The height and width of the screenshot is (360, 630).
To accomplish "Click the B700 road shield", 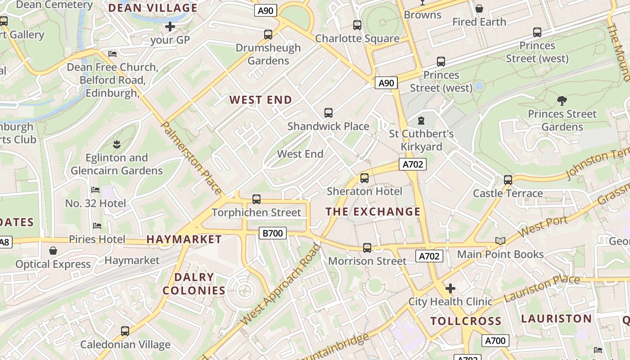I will (273, 233).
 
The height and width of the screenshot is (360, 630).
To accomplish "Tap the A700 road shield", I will (495, 341).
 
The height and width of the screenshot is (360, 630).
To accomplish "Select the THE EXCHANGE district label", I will (373, 211).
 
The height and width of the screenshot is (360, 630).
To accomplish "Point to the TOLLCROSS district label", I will (466, 321).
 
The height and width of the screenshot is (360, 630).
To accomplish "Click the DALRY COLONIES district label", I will (194, 283).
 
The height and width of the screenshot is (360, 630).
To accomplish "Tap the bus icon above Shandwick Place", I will (328, 113).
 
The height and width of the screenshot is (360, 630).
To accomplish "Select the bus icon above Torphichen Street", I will (256, 199).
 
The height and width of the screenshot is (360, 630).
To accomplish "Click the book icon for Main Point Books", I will (500, 241).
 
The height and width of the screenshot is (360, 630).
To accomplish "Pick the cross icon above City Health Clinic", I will (450, 288).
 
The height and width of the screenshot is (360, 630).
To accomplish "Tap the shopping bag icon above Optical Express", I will (53, 251).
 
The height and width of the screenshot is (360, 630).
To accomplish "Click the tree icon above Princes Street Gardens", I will (562, 101).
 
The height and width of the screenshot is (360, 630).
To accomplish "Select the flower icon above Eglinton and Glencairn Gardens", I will (116, 144).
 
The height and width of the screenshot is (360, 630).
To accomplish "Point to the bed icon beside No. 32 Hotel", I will (95, 190).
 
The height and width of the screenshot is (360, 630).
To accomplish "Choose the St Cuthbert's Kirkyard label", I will (421, 140).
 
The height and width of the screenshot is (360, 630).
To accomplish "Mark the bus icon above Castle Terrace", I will (508, 180).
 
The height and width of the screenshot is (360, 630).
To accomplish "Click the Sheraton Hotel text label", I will (364, 191).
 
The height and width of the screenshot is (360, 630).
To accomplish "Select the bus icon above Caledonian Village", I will (125, 331).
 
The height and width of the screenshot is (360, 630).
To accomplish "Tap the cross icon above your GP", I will (170, 27).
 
